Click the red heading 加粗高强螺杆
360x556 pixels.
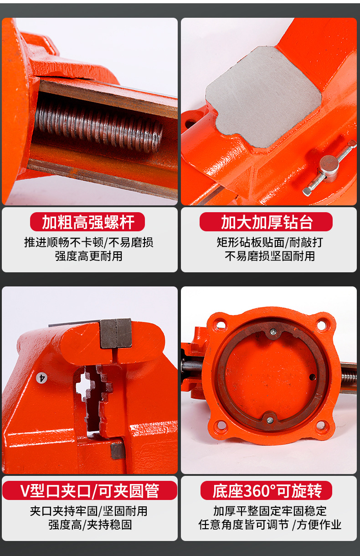pyautogui.click(x=88, y=222)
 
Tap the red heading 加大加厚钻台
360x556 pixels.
pyautogui.click(x=267, y=222)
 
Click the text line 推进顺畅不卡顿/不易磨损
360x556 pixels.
pyautogui.click(x=88, y=242)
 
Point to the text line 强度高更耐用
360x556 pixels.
pyautogui.click(x=88, y=256)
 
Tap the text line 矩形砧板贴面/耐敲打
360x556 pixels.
pyautogui.click(x=270, y=242)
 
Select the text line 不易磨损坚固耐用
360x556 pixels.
pyautogui.click(x=270, y=256)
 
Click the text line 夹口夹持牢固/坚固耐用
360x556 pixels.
pyautogui.click(x=88, y=511)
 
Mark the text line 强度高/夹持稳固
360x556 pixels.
pyautogui.click(x=90, y=525)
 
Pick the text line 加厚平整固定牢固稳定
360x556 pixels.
pyautogui.click(x=270, y=511)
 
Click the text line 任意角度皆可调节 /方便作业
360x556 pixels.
pyautogui.click(x=270, y=525)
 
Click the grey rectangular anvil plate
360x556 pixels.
pyautogui.click(x=263, y=97)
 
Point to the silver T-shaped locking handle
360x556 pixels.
pyautogui.click(x=329, y=167)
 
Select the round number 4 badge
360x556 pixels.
pyautogui.click(x=41, y=378)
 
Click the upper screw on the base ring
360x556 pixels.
pyautogui.click(x=273, y=331)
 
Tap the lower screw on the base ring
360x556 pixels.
pyautogui.click(x=270, y=420)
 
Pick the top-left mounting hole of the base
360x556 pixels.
pyautogui.click(x=221, y=325)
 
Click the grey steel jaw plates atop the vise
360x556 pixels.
pyautogui.click(x=116, y=333)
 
